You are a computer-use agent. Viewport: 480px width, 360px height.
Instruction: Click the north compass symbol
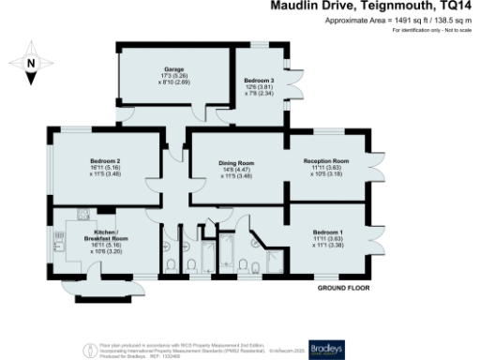click(x=31, y=64)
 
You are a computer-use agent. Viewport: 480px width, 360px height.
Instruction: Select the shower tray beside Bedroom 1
click(x=277, y=262)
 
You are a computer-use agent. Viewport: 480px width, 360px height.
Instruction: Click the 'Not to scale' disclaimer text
click(x=457, y=31)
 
